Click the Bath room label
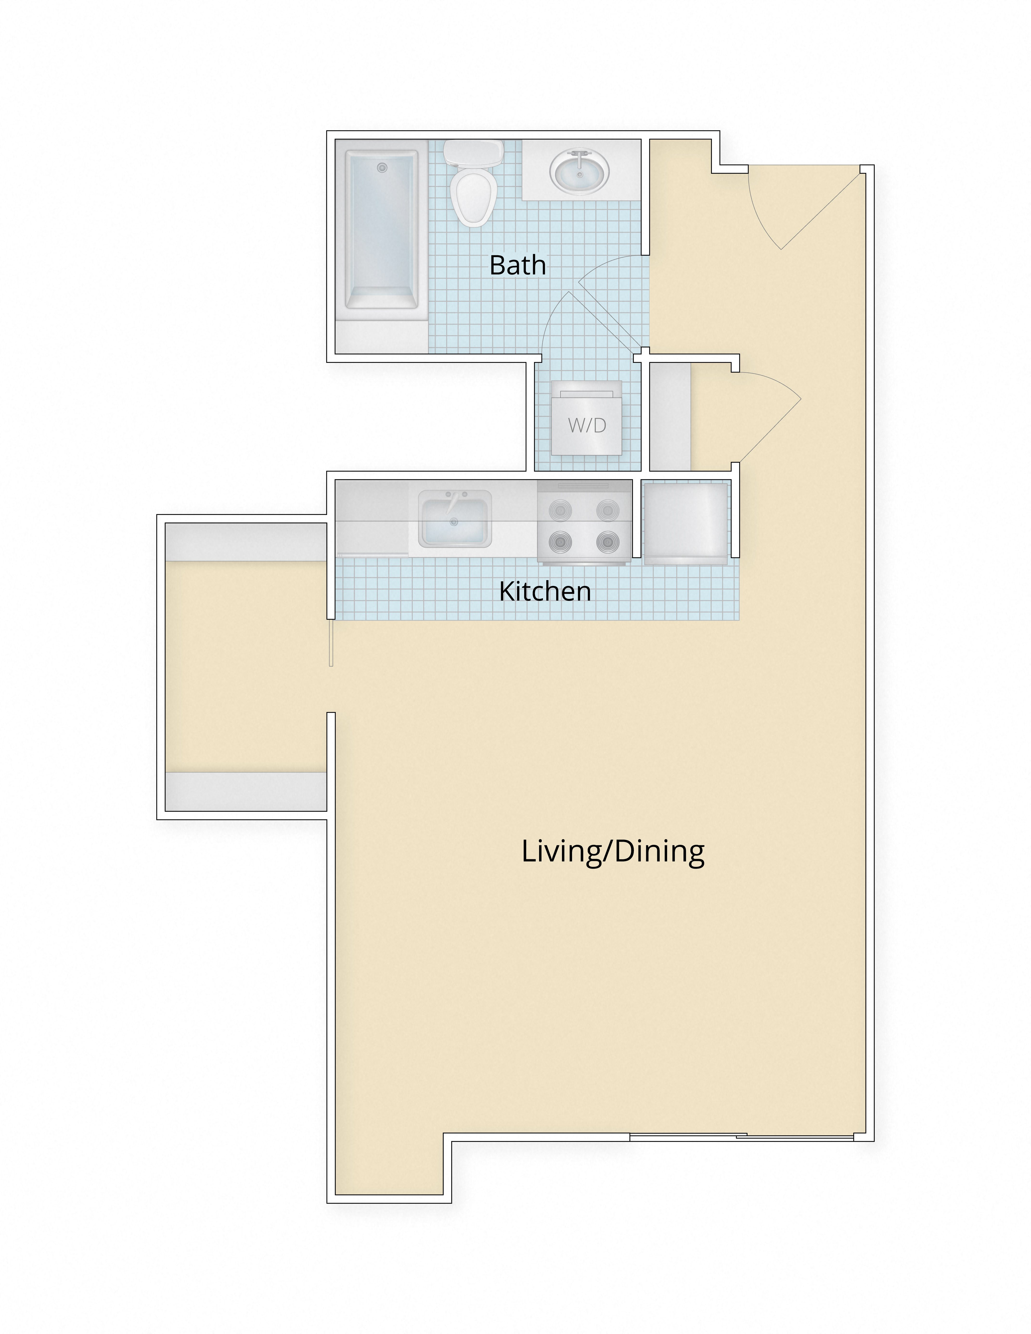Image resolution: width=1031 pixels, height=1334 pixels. click(x=517, y=265)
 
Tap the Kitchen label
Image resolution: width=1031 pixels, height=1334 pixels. click(x=545, y=591)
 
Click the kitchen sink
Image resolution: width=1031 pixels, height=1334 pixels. click(x=454, y=519)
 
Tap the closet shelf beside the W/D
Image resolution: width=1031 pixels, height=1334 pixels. click(x=670, y=417)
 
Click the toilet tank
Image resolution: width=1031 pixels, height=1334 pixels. click(x=473, y=153)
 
